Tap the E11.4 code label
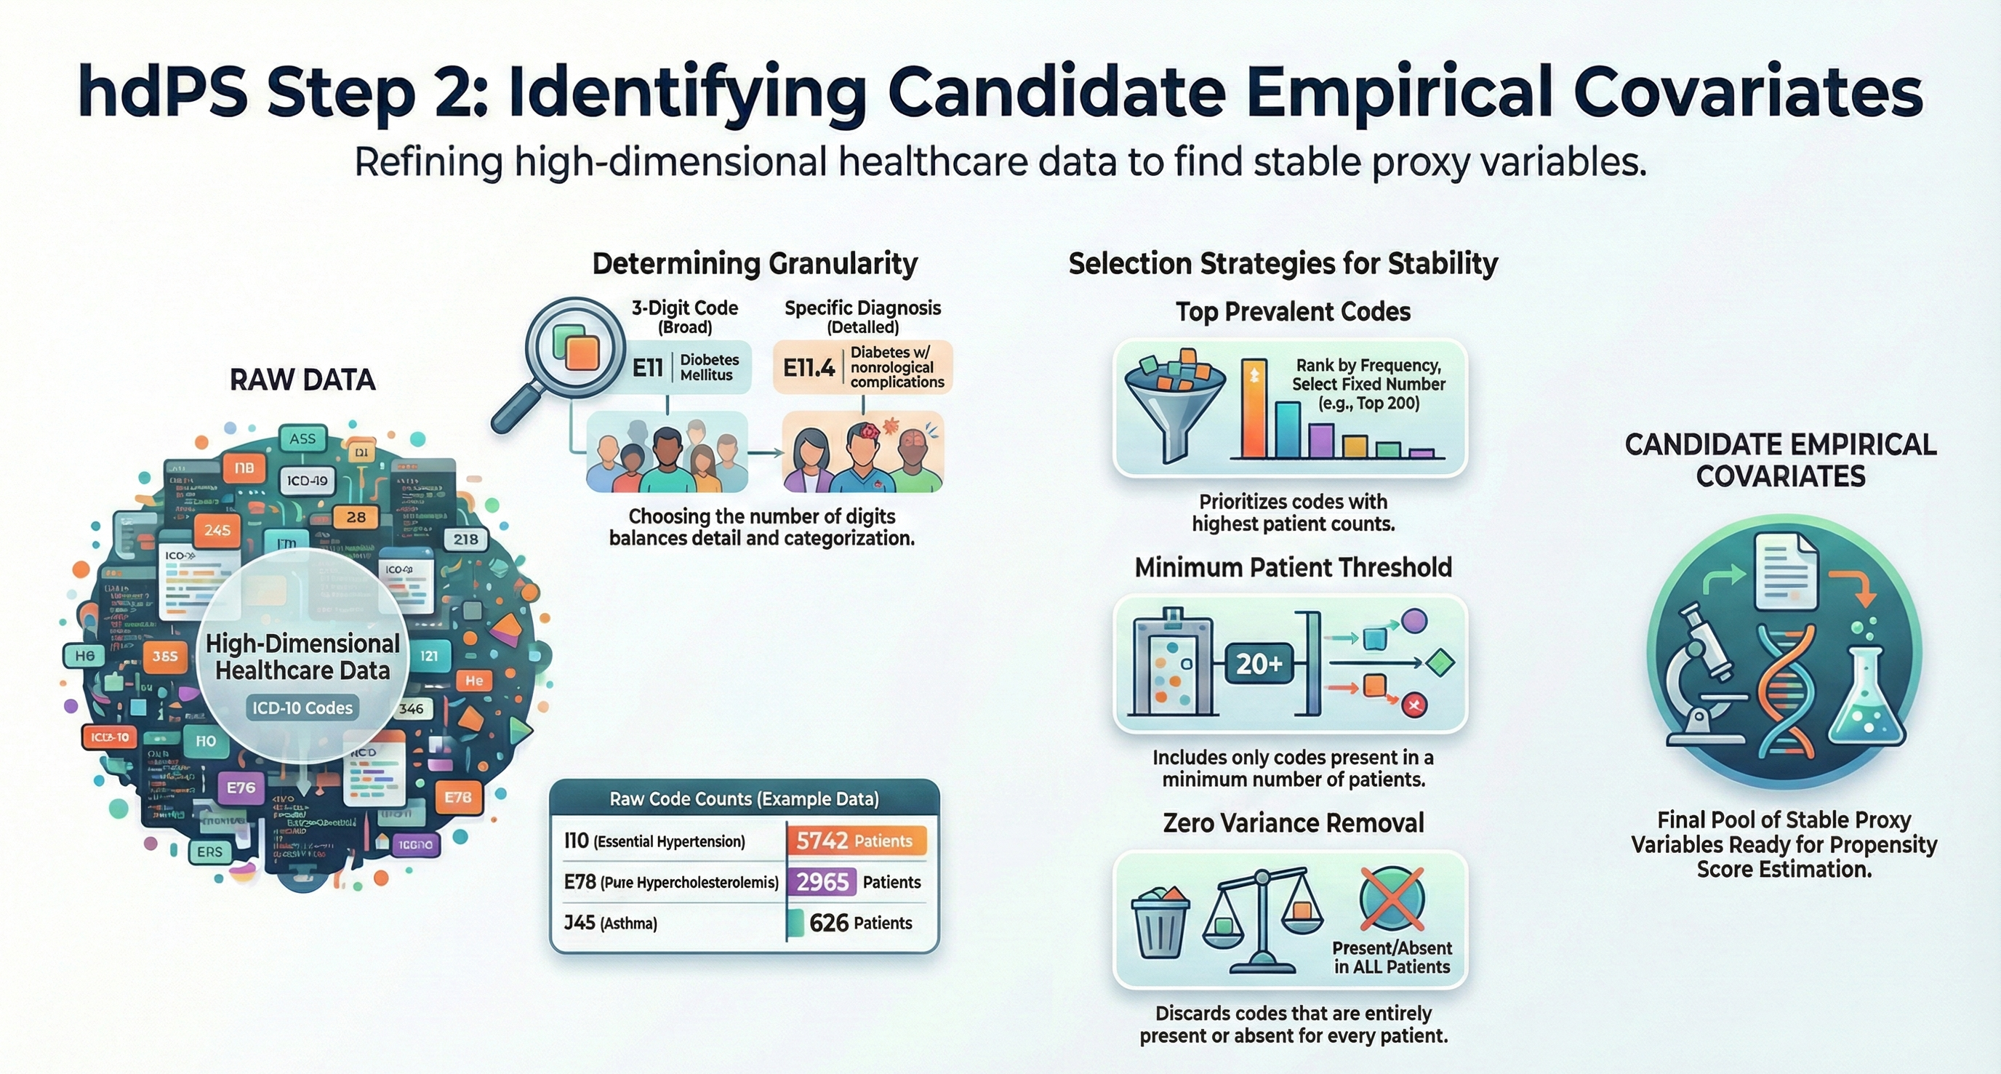(809, 367)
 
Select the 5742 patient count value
(822, 841)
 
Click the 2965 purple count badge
(822, 882)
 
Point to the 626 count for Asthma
(829, 923)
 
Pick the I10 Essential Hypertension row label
(654, 841)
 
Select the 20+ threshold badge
(1259, 664)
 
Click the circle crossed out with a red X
(1392, 899)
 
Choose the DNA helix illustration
(1787, 691)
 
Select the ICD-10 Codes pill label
(302, 708)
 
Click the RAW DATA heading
(302, 380)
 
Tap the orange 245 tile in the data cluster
(217, 529)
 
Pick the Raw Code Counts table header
(744, 799)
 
